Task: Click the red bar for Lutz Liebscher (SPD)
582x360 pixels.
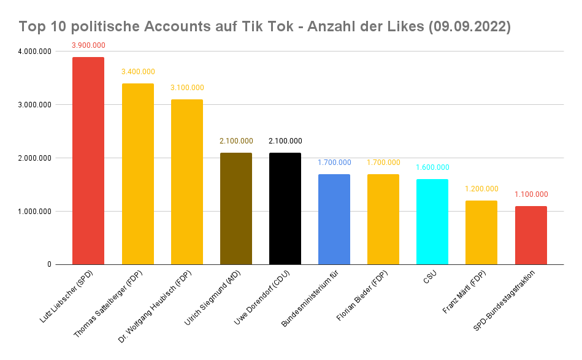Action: (88, 161)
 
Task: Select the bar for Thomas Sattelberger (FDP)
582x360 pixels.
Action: (137, 174)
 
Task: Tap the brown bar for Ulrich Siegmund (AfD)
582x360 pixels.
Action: (235, 209)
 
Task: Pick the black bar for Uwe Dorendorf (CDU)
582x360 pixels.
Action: (285, 209)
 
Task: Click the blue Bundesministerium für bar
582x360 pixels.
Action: (334, 220)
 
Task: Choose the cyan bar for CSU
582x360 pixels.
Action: (432, 222)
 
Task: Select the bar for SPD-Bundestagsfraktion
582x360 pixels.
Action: (530, 236)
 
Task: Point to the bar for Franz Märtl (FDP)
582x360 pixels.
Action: (481, 232)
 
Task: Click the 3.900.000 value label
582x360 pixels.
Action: (88, 45)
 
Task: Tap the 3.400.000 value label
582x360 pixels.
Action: (137, 72)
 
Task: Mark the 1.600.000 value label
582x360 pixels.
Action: (432, 167)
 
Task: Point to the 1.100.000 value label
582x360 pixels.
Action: (530, 194)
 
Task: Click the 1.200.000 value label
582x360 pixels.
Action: (481, 189)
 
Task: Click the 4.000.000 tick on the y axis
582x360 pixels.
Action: (34, 52)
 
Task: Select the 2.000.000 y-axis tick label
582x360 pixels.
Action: (34, 158)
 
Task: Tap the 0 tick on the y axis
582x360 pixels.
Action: (48, 265)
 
